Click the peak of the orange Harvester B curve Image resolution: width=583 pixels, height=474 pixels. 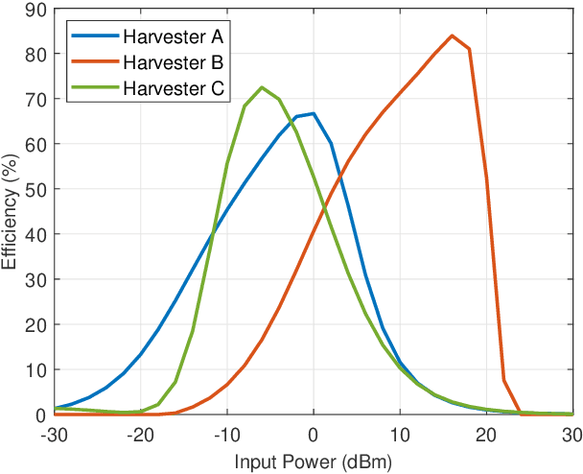click(x=452, y=36)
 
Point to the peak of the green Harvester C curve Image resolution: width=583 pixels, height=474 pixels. click(x=262, y=87)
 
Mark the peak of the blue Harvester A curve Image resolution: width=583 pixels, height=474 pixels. click(x=314, y=113)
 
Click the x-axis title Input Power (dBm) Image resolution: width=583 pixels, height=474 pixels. click(x=314, y=462)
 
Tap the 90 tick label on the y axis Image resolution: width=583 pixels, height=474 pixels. click(x=33, y=10)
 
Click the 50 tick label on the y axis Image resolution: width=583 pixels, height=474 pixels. click(x=33, y=189)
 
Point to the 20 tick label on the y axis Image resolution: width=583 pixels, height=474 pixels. click(x=33, y=324)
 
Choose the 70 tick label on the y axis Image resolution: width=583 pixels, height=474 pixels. click(x=33, y=100)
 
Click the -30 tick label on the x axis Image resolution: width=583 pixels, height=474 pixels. click(x=54, y=434)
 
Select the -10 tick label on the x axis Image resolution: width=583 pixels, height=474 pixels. click(x=226, y=434)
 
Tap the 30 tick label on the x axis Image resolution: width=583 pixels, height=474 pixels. click(x=572, y=434)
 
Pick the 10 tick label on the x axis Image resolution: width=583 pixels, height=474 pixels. click(x=400, y=434)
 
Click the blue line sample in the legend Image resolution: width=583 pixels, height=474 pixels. click(x=93, y=38)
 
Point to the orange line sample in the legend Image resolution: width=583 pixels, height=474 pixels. click(x=93, y=63)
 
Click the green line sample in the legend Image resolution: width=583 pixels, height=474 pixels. click(x=93, y=88)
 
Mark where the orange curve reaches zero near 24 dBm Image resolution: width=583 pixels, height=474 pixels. click(x=521, y=414)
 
